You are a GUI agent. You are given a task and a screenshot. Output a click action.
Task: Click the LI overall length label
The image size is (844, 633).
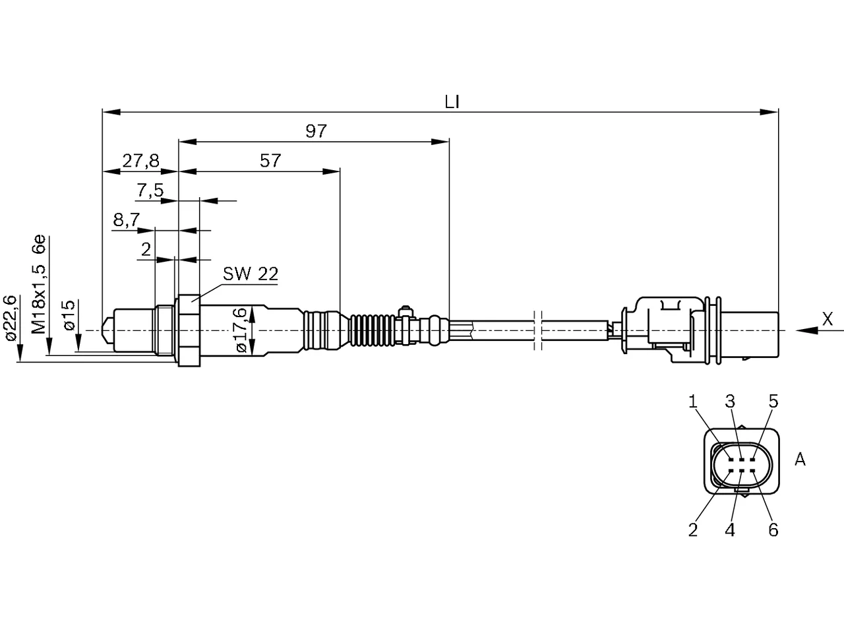click(452, 102)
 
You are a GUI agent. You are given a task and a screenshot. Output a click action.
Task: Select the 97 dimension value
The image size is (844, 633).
click(316, 131)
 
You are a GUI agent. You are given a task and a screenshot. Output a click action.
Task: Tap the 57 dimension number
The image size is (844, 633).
click(270, 160)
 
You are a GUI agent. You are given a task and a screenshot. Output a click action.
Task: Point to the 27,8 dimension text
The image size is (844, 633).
click(140, 161)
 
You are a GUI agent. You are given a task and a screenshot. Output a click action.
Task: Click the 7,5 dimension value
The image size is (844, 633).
click(150, 191)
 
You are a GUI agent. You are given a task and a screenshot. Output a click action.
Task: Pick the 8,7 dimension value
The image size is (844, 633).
click(127, 220)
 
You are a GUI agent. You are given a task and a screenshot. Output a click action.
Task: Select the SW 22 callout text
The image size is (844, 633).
click(251, 274)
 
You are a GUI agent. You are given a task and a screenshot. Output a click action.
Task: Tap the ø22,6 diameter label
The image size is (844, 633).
click(10, 318)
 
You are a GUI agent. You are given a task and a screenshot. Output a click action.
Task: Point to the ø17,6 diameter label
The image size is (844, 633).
click(241, 330)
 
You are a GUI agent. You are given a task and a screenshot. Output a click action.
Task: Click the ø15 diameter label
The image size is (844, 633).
click(69, 315)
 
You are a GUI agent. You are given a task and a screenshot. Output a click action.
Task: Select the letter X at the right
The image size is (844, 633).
click(828, 319)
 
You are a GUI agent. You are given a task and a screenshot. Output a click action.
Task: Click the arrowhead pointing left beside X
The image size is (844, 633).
click(806, 330)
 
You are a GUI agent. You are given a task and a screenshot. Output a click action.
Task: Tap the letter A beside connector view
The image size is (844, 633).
click(800, 459)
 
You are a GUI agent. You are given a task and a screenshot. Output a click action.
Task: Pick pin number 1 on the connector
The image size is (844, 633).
click(693, 402)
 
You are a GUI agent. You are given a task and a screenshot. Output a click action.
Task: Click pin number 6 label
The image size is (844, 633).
click(773, 530)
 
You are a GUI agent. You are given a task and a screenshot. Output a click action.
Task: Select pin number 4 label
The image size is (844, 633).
click(730, 530)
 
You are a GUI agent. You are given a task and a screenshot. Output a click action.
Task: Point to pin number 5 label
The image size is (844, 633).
click(773, 402)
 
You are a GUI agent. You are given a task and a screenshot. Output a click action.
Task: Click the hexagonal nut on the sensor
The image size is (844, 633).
click(189, 330)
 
